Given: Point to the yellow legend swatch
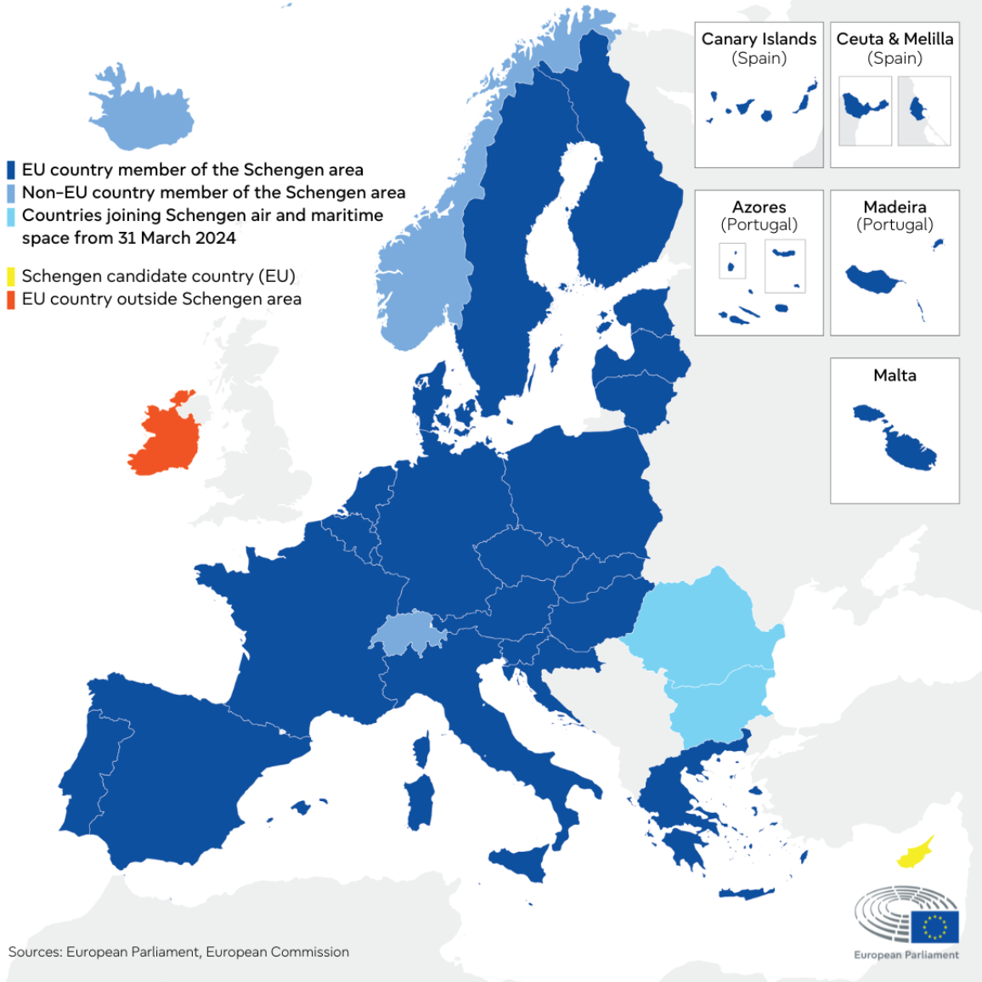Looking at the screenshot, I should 11,276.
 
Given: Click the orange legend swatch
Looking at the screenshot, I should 11,299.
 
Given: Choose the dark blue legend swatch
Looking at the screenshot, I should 11,170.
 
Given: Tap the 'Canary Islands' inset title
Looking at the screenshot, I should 759,39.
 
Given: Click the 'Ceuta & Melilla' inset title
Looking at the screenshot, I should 895,39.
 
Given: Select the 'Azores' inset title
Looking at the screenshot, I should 759,207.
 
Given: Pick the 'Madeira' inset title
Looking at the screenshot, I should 895,207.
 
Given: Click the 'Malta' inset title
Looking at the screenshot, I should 895,375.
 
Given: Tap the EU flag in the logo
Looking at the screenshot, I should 934,927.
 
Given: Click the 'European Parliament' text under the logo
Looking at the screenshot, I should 906,955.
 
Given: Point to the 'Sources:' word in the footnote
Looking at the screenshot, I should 35,952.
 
